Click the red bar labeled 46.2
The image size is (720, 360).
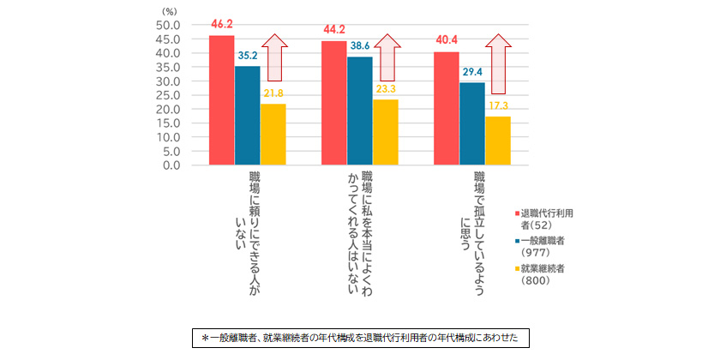pyautogui.click(x=222, y=99)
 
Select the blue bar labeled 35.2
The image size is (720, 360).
pyautogui.click(x=248, y=115)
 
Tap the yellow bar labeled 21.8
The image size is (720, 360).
pyautogui.click(x=273, y=134)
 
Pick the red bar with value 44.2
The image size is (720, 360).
pyautogui.click(x=334, y=102)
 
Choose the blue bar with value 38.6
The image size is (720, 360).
pyautogui.click(x=360, y=110)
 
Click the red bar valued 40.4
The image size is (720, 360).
pyautogui.click(x=447, y=107)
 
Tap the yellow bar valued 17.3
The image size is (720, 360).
pyautogui.click(x=498, y=140)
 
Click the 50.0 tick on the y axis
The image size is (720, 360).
pyautogui.click(x=167, y=25)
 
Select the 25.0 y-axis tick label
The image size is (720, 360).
pyautogui.click(x=167, y=95)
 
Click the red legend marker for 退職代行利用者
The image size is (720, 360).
pyautogui.click(x=517, y=212)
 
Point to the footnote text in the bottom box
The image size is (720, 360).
pyautogui.click(x=359, y=338)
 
